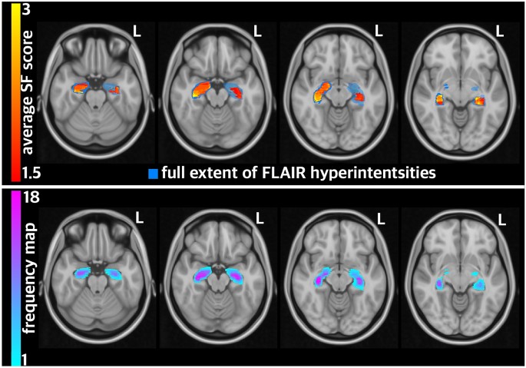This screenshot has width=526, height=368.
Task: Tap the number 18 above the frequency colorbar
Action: (31, 198)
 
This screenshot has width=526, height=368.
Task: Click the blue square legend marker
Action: (154, 173)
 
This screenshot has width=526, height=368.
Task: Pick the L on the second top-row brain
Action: (257, 32)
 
